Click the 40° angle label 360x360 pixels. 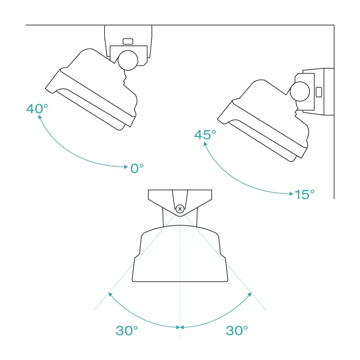[37, 109]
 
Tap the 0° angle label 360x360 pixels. [137, 168]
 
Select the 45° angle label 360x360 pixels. [205, 135]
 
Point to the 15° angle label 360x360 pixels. [304, 194]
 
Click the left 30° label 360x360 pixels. [127, 330]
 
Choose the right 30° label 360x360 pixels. [237, 330]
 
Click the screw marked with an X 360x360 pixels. [180, 209]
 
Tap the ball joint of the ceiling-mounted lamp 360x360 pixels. [128, 60]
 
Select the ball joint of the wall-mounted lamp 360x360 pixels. [300, 91]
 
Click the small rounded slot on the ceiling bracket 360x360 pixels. [128, 41]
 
